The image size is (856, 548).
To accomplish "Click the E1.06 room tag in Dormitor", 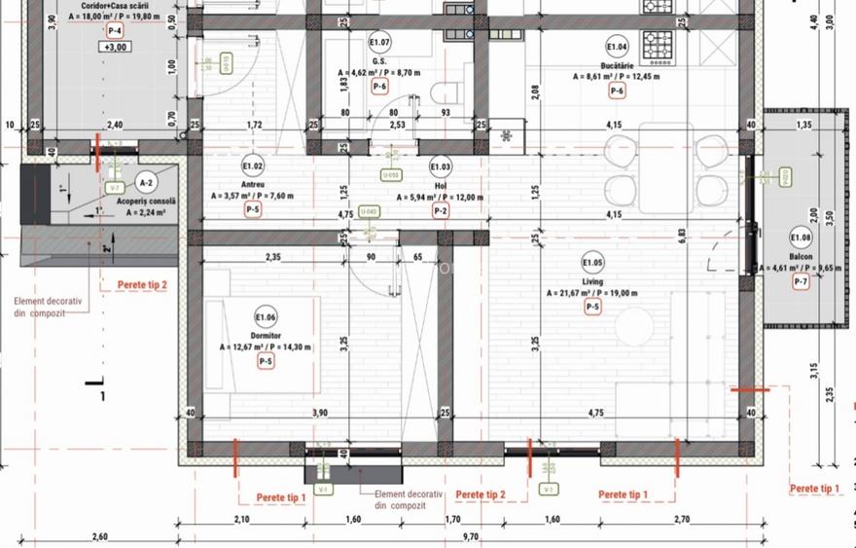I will point(266,316).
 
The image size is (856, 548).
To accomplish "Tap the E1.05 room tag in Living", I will point(592,262).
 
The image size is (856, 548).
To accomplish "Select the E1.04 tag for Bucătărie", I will point(617,47).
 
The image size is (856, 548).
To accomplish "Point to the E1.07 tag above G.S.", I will point(379,42).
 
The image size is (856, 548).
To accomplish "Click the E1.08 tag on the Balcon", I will point(801,237).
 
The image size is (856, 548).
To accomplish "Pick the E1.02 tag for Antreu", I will point(252,166).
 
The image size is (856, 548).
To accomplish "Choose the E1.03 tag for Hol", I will point(440,167).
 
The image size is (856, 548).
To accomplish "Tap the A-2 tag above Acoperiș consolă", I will point(147,181).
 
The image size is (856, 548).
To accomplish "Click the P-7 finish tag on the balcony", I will point(801,282).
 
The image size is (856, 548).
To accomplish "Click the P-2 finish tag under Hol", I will point(440,210).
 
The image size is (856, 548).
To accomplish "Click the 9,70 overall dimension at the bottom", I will point(471,536).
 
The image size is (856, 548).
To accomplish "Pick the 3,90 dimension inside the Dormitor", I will point(319,414).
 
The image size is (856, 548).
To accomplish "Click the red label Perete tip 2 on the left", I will point(142,285).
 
